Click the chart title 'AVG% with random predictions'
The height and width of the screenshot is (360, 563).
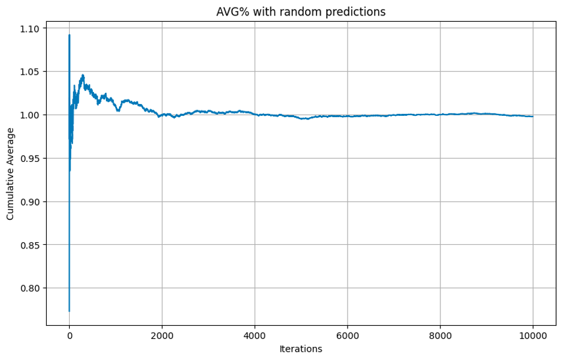(x=300, y=12)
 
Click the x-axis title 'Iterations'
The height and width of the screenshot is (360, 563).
(x=300, y=349)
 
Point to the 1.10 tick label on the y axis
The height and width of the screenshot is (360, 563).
(x=29, y=29)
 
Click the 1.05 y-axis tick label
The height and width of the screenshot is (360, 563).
(x=29, y=72)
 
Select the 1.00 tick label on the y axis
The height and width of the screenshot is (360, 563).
(x=29, y=115)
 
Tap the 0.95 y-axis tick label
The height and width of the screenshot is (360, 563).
(x=29, y=158)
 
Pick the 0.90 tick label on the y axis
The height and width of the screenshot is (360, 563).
(x=29, y=202)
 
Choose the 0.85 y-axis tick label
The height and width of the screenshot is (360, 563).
(x=29, y=245)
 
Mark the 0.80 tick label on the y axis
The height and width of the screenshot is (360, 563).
(x=29, y=288)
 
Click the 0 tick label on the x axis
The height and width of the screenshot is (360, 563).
(x=69, y=335)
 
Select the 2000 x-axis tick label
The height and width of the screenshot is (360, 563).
(x=162, y=335)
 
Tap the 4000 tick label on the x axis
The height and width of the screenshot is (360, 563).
(x=255, y=335)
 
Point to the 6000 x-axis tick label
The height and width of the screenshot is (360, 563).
(x=348, y=335)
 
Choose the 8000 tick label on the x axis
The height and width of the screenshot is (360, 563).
(x=440, y=335)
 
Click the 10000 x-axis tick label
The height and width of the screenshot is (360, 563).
(x=532, y=335)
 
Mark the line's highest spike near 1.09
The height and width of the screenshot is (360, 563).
(x=69, y=35)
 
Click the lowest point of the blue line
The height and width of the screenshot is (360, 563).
(x=69, y=311)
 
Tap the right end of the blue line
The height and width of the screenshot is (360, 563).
(x=532, y=116)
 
